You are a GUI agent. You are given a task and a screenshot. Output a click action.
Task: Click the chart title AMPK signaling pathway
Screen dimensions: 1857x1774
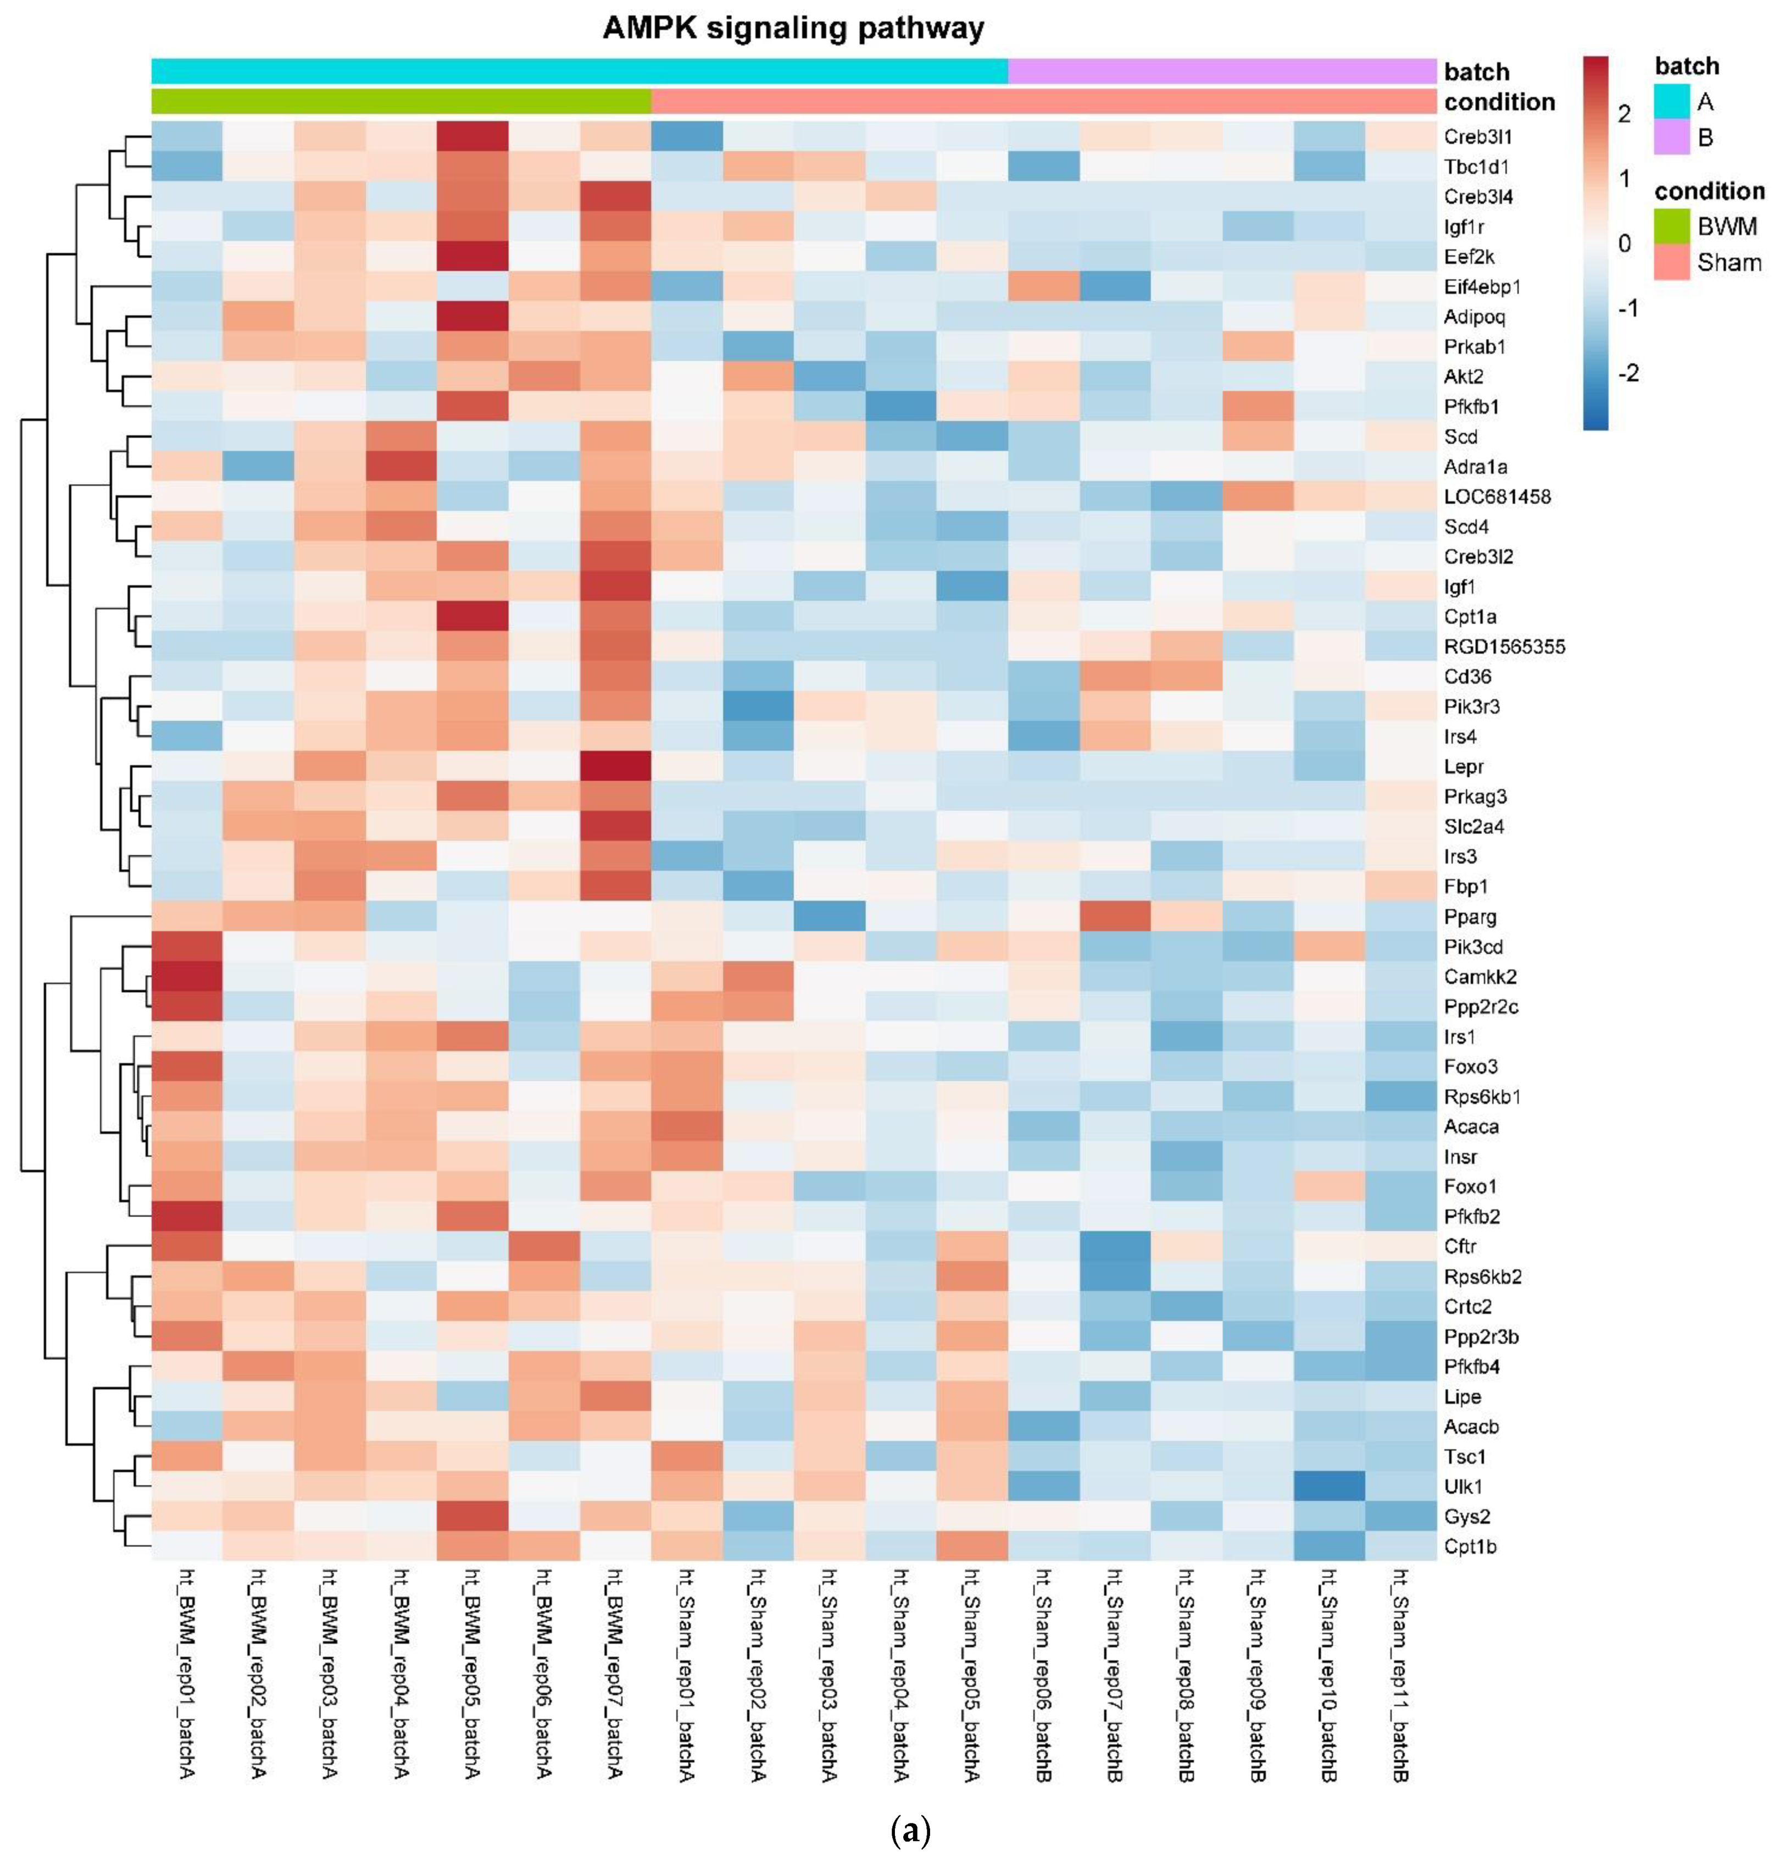coord(793,29)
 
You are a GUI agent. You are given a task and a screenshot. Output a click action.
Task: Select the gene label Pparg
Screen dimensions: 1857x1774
coord(1470,916)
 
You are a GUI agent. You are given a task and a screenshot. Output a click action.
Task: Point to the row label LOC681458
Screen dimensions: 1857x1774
coord(1497,496)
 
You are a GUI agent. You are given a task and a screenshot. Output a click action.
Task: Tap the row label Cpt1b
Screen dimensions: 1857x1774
coord(1470,1547)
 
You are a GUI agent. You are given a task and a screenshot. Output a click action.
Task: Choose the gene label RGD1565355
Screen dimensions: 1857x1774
coord(1504,647)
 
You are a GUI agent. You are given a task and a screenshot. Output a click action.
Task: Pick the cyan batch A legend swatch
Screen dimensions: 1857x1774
coord(1671,101)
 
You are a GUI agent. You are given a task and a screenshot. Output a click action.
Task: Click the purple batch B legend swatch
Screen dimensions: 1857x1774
coord(1671,138)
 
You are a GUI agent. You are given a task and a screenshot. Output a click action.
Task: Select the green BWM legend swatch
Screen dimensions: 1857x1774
coord(1671,226)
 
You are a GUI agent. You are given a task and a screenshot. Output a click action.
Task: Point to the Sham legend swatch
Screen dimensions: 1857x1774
coord(1671,262)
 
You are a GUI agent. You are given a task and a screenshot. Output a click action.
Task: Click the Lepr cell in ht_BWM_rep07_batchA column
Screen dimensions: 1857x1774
coord(615,766)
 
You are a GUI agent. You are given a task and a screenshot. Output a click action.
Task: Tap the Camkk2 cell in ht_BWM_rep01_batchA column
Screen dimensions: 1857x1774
coord(186,976)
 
